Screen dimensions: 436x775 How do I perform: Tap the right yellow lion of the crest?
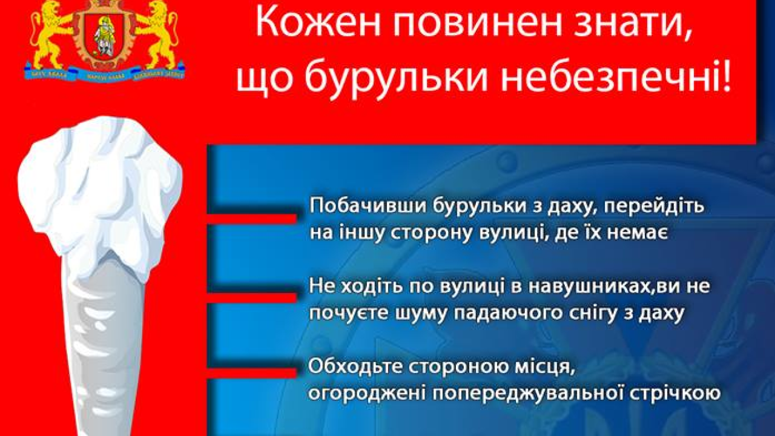click(x=159, y=33)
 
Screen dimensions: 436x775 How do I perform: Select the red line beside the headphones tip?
click(x=252, y=297)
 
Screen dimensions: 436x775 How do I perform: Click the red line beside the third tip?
click(x=252, y=371)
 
